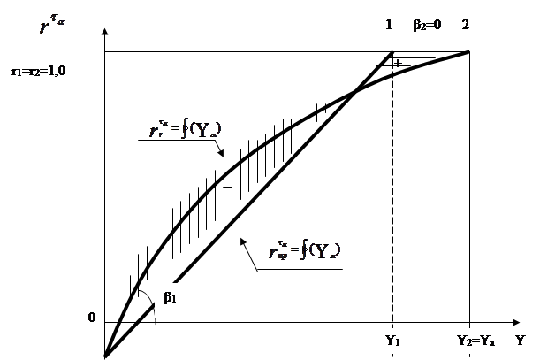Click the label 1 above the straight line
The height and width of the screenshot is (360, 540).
point(389,26)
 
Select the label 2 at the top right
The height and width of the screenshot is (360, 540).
point(465,26)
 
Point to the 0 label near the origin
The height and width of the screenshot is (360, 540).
point(91,316)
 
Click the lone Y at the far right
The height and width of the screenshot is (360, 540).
point(521,339)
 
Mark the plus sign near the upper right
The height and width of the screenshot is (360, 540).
point(398,64)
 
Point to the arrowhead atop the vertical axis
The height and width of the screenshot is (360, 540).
point(105,32)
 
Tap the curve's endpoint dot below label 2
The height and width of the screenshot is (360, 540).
point(468,52)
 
